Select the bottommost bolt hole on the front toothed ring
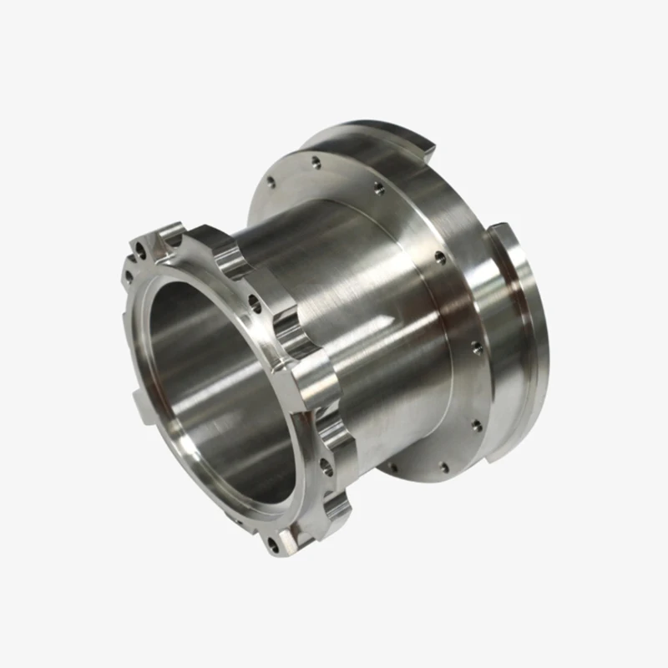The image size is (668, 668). click(x=272, y=547)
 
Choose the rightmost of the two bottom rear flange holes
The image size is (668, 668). click(x=443, y=468)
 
